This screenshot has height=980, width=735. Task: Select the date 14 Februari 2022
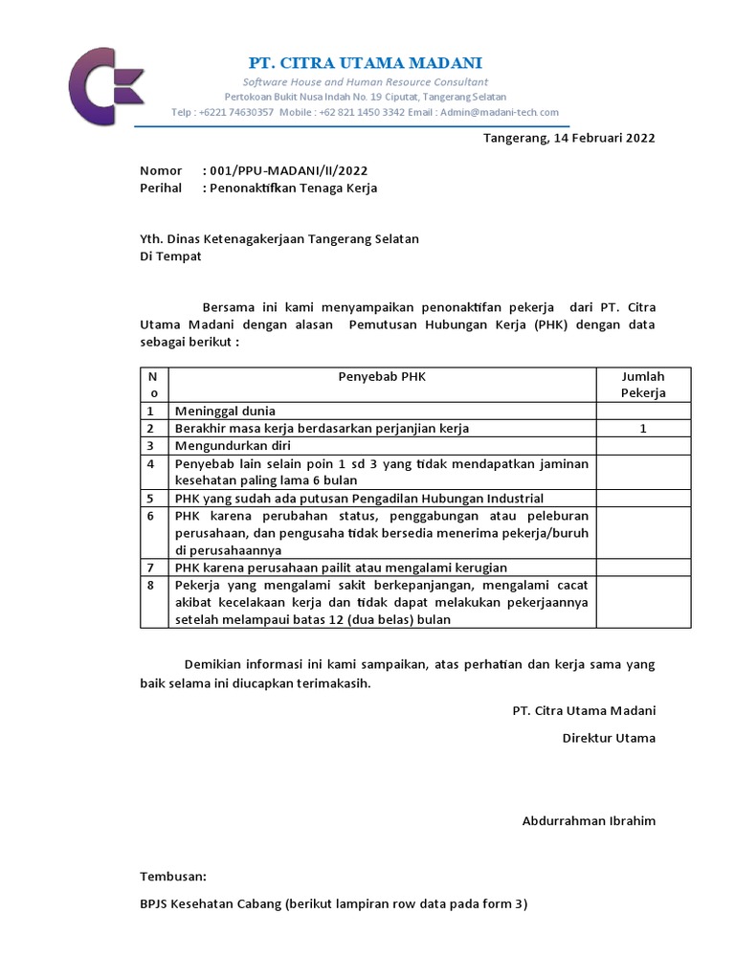point(604,138)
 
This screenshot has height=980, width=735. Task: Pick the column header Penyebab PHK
point(382,376)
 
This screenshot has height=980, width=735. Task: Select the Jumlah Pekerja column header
point(643,384)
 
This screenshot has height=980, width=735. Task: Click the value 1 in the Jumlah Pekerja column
point(643,429)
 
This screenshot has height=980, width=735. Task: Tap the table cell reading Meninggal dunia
point(225,412)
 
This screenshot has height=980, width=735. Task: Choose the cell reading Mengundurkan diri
point(233,446)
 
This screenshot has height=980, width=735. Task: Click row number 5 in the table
point(150,499)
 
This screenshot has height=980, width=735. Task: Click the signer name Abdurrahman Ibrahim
point(589,821)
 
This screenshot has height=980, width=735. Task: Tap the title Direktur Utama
point(609,738)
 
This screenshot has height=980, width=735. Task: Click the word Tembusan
point(173,876)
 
